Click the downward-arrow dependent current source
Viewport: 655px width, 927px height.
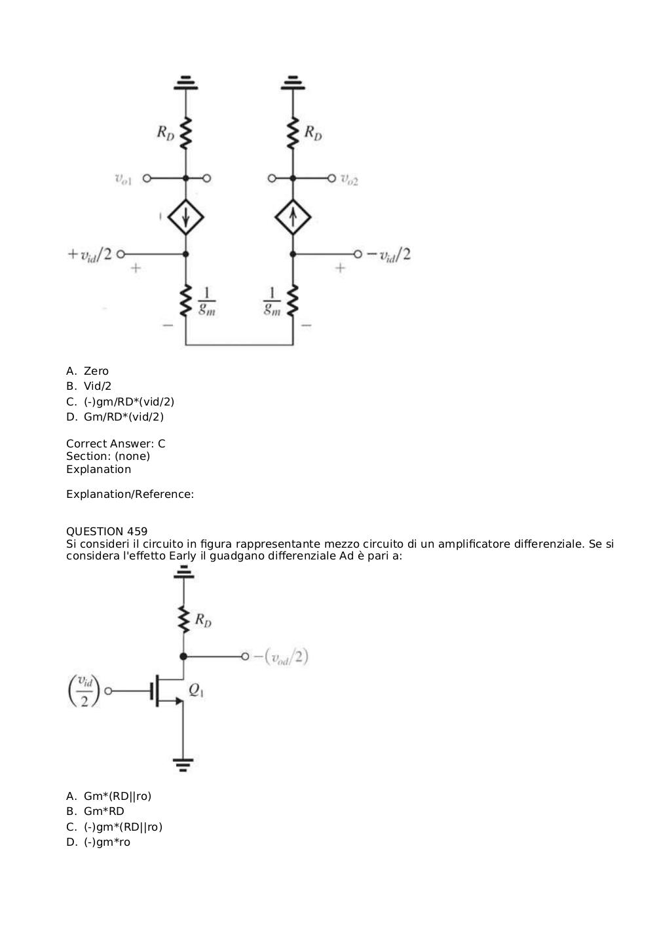[185, 217]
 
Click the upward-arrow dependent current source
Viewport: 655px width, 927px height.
[293, 217]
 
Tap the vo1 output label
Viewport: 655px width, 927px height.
[123, 180]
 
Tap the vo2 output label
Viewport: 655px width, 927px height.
[349, 180]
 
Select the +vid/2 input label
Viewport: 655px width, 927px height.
[89, 254]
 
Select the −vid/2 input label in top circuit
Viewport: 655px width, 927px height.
[388, 254]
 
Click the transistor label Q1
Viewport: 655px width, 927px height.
[196, 690]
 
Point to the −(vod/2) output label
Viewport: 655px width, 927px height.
[281, 657]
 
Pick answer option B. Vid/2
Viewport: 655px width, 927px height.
[88, 386]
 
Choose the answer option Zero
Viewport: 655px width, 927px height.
[87, 371]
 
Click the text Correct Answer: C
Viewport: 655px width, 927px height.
[115, 444]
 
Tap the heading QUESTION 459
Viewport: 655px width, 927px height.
[107, 531]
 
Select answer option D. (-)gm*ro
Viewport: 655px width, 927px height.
[98, 842]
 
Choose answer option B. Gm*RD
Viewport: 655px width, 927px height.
[95, 811]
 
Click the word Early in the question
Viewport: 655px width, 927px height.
[183, 556]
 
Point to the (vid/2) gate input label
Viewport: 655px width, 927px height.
[84, 691]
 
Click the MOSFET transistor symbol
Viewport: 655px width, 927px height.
[168, 691]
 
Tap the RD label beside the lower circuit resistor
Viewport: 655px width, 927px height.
[203, 620]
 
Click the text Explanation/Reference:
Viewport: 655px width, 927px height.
[130, 494]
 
